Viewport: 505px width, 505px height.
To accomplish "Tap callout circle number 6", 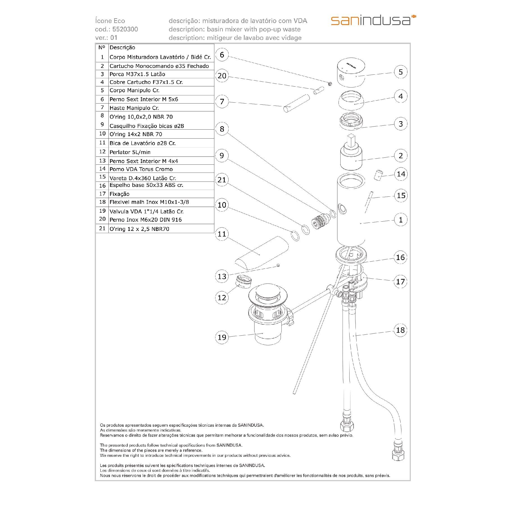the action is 222,54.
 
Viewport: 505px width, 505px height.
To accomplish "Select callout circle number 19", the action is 222,337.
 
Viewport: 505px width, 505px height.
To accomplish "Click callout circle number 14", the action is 401,174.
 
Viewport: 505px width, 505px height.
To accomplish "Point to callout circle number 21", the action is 222,180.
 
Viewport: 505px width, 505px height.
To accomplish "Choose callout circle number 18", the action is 400,330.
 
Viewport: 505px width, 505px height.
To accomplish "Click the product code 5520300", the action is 125,29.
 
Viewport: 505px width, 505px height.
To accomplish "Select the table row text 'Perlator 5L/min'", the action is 130,152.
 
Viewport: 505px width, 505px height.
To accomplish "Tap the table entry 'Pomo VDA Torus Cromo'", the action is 141,169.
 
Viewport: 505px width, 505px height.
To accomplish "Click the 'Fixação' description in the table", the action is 120,194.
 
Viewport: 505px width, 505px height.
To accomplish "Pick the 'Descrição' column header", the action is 122,48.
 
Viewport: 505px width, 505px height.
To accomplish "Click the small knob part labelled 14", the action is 378,176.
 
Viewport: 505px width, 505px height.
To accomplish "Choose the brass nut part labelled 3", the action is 352,122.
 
